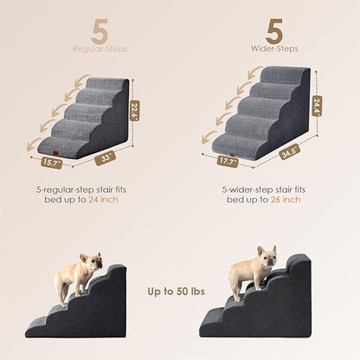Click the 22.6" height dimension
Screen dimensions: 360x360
(135, 110)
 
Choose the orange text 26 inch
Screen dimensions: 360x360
(285, 200)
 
